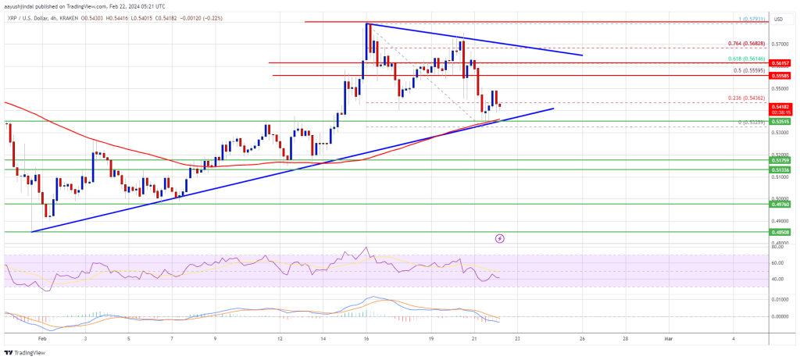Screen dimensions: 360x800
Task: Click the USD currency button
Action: click(x=778, y=18)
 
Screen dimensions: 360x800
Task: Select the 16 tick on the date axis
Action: click(x=366, y=338)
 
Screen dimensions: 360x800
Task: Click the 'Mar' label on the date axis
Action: click(x=668, y=338)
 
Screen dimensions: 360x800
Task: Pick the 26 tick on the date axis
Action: click(x=582, y=338)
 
